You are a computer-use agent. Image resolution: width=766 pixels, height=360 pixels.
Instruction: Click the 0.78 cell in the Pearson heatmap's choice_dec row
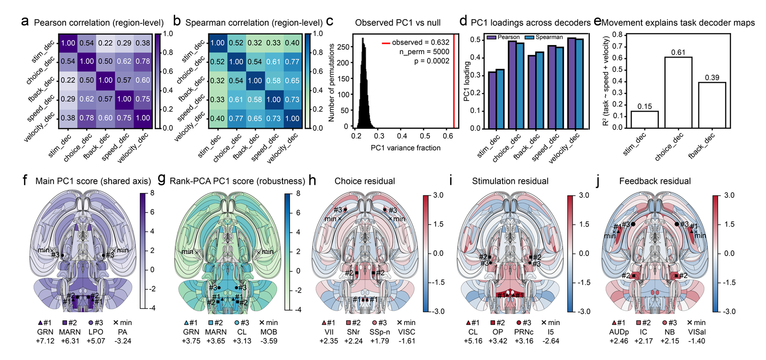(143, 61)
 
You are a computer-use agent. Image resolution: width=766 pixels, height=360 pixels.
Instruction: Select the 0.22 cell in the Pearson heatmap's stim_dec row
(105, 43)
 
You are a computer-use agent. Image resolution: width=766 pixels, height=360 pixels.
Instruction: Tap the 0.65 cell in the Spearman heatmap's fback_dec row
(293, 81)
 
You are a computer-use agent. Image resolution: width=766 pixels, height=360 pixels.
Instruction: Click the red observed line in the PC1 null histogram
(454, 81)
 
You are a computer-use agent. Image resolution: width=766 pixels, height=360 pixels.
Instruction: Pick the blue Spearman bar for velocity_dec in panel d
(579, 84)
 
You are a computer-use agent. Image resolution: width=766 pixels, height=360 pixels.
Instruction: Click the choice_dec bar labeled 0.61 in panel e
(678, 92)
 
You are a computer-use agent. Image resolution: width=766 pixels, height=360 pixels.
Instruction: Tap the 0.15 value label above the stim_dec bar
(644, 107)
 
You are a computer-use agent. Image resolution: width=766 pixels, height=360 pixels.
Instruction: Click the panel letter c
(330, 22)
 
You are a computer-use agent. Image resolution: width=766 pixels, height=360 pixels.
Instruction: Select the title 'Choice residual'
(364, 181)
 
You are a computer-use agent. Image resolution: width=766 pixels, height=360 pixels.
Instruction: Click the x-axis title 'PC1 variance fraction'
(406, 148)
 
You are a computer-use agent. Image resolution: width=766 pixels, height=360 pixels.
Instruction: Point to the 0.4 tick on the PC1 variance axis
(402, 136)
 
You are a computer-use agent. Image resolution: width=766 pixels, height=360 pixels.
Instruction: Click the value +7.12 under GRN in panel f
(45, 341)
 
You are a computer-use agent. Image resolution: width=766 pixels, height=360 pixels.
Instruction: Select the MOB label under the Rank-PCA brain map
(269, 332)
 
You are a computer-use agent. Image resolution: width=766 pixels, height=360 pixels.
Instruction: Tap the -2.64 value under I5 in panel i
(550, 341)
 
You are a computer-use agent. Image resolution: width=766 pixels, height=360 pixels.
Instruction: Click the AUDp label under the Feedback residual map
(619, 332)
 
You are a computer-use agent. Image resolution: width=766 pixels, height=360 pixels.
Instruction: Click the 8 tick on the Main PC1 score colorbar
(152, 193)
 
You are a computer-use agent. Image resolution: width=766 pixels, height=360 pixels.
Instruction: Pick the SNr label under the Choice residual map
(354, 332)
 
